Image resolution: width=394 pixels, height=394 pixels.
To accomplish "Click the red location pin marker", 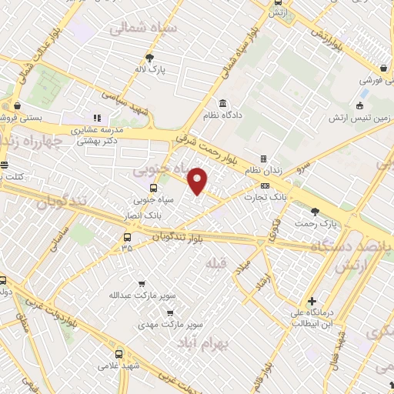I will point(198,181).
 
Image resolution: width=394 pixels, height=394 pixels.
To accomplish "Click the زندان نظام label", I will point(263,170).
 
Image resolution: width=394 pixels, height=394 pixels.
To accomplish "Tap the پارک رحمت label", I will point(318,223).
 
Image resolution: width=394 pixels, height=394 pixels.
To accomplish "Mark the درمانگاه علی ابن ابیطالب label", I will point(312,317).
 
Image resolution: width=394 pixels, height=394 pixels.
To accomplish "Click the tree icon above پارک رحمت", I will point(314,211).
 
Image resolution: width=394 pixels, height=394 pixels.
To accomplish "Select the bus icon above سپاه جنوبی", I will point(153,187).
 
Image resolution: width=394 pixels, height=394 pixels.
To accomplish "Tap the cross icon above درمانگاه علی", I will point(311,300).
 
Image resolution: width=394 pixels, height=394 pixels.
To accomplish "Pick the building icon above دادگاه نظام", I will point(222,104).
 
